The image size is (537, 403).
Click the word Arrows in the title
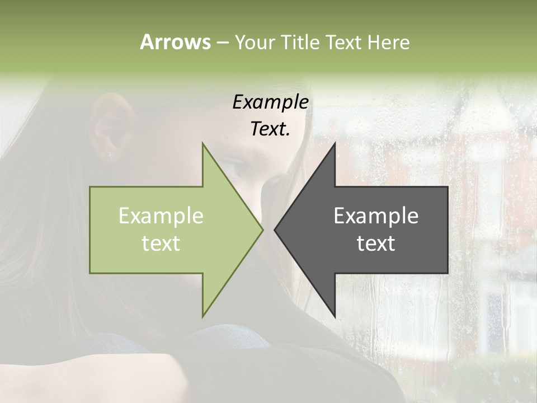point(175,42)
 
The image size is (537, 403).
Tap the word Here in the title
point(388,42)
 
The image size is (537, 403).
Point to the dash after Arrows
point(222,43)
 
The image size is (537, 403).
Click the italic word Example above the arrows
point(271,102)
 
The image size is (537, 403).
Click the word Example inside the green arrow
point(161,215)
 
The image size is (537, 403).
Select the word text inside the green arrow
point(161,243)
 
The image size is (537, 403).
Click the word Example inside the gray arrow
point(376,215)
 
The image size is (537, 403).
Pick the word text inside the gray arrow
point(376,243)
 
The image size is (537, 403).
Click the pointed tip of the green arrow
point(263,229)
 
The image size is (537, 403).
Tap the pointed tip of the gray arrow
point(275,229)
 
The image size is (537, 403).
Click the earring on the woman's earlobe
point(111,155)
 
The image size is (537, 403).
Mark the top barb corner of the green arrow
point(202,144)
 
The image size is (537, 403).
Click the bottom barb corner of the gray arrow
point(335,316)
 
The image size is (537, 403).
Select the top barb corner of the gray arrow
point(335,144)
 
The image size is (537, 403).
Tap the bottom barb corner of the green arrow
point(202,316)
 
